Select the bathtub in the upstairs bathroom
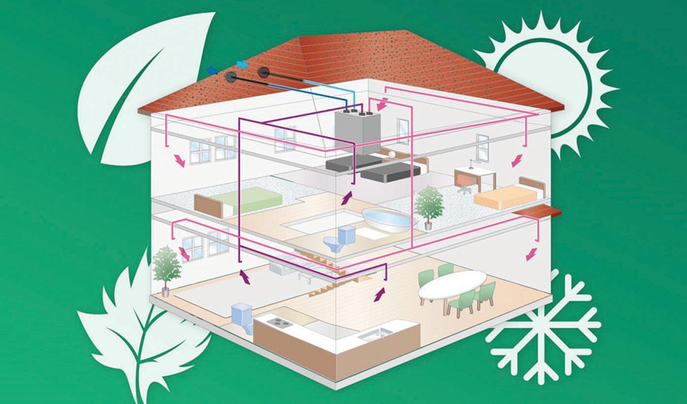[386, 218]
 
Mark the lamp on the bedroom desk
[472, 163]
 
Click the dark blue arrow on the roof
[212, 71]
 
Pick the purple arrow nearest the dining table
[379, 294]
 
